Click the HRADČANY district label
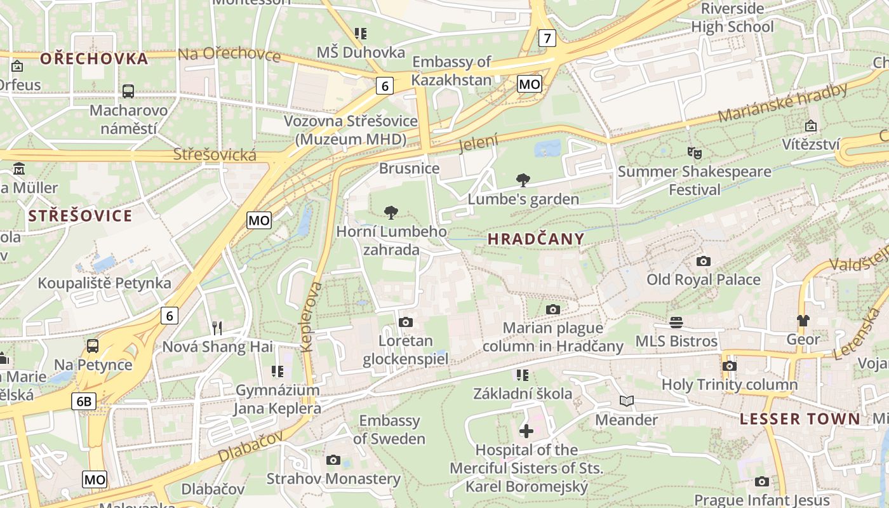tap(536, 239)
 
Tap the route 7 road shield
tap(547, 38)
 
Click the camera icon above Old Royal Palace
tap(703, 262)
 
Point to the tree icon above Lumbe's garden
tap(523, 180)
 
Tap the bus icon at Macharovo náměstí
tap(128, 91)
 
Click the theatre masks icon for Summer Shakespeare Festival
tap(695, 153)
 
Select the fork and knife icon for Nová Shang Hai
tap(217, 328)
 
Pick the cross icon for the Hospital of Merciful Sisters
tap(526, 432)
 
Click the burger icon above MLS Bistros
tap(676, 323)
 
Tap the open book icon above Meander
tap(627, 401)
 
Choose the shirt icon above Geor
tap(803, 321)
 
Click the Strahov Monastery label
tap(333, 478)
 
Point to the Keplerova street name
tap(310, 317)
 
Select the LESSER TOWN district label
tap(800, 419)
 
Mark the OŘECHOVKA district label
tap(94, 59)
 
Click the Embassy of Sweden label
tap(389, 430)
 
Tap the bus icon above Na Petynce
tap(93, 346)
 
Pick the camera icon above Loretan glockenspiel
tap(406, 323)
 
